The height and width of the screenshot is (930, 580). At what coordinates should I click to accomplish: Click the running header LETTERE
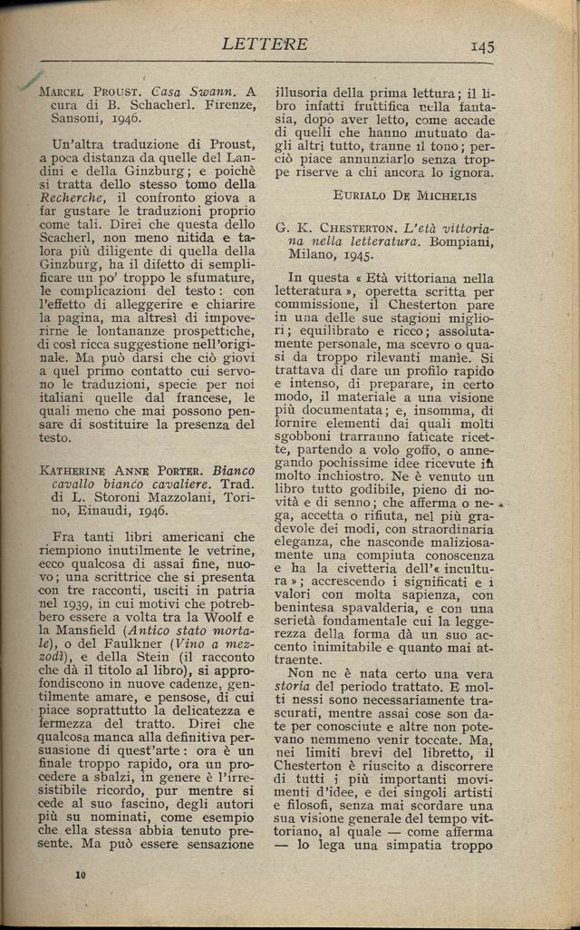[x=266, y=44]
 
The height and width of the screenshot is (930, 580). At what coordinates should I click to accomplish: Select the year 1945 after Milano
[x=344, y=259]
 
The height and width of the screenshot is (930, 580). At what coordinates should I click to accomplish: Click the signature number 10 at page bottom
[x=81, y=875]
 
